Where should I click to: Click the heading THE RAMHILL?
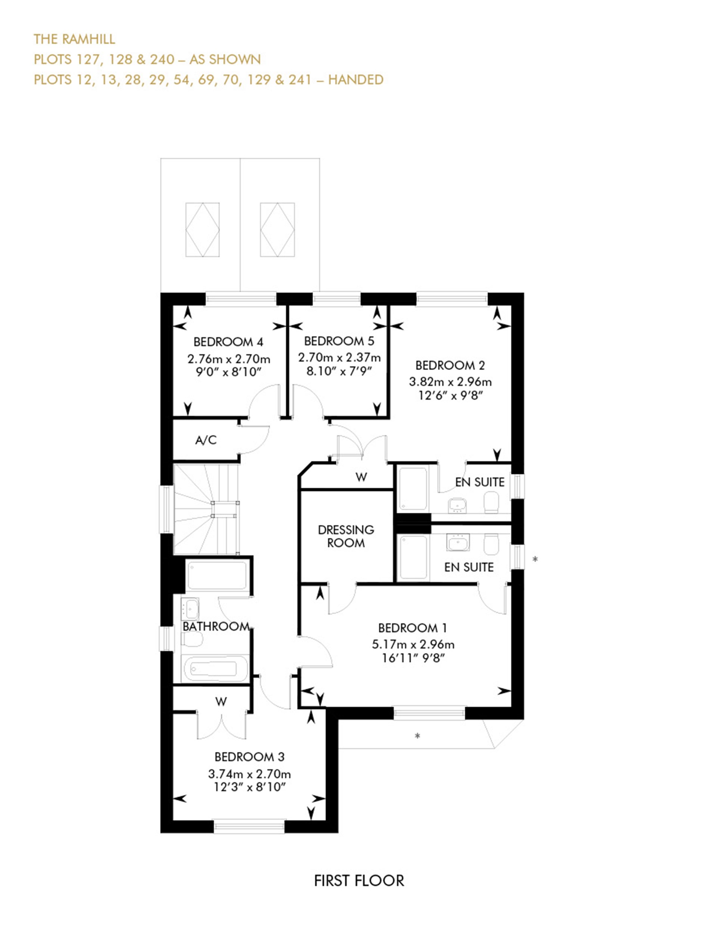[74, 39]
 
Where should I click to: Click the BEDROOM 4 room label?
[228, 342]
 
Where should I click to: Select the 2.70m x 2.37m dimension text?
[339, 357]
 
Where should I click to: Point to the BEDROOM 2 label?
[450, 365]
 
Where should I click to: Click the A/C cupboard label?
[206, 440]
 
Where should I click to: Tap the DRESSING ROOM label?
[346, 536]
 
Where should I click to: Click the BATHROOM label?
[215, 626]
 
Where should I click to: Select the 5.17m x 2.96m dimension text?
[413, 644]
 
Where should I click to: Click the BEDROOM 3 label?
[249, 757]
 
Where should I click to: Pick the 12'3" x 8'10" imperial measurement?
[249, 787]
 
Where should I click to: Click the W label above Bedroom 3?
[221, 701]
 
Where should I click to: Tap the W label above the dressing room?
[361, 477]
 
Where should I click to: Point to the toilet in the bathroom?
[192, 639]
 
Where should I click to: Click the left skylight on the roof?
[202, 230]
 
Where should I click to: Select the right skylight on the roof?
[277, 230]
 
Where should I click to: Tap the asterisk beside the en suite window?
[535, 559]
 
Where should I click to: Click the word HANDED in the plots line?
[356, 80]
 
